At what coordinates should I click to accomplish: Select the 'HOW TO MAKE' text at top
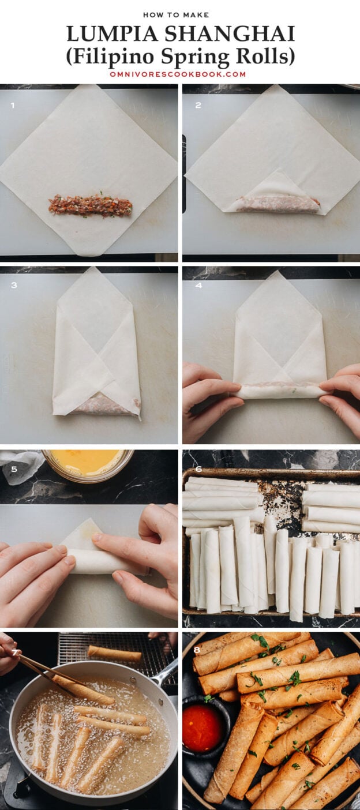click(x=179, y=14)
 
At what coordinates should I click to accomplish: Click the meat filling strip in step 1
click(x=90, y=205)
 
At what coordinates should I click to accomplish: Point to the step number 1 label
click(x=12, y=106)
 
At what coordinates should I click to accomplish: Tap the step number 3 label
click(x=13, y=285)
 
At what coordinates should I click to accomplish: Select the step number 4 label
click(x=197, y=285)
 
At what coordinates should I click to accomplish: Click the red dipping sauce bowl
click(x=203, y=727)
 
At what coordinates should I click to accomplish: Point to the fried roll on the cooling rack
click(x=114, y=654)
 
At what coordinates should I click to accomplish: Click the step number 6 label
click(x=197, y=469)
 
